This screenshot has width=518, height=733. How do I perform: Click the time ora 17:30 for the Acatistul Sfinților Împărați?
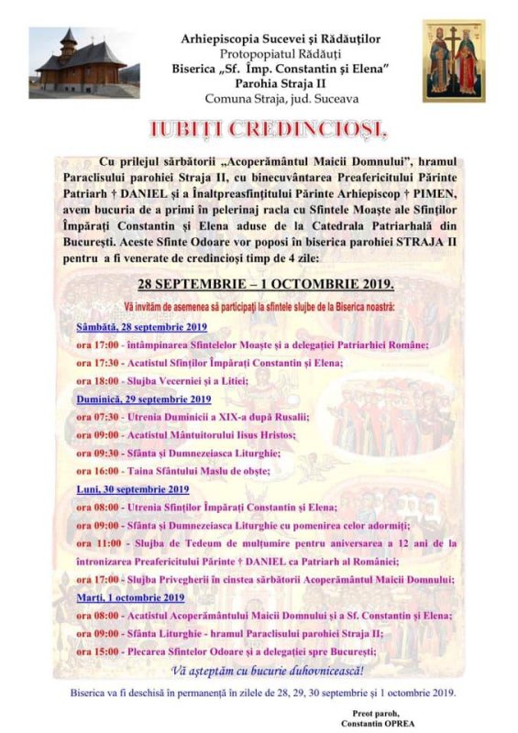pos(96,363)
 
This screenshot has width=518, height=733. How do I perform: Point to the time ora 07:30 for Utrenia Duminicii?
pos(96,417)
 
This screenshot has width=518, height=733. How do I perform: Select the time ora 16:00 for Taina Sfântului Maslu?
pos(96,471)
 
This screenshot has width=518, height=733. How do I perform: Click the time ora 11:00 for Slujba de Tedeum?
pos(96,543)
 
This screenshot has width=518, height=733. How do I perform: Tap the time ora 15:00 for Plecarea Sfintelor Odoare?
pos(96,651)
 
